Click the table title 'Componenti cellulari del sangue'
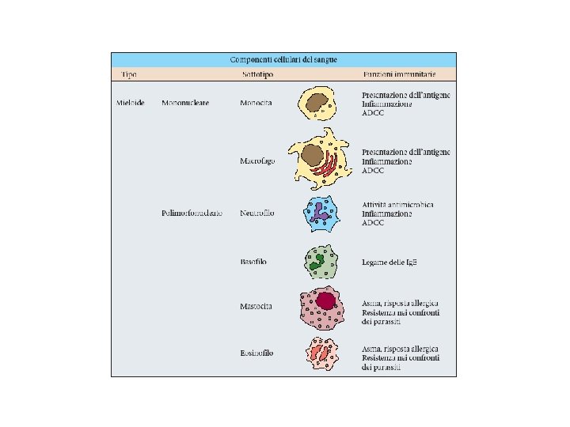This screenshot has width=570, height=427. pyautogui.click(x=283, y=59)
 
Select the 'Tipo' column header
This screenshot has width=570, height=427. pyautogui.click(x=128, y=74)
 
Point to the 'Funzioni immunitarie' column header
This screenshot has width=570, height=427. pyautogui.click(x=399, y=74)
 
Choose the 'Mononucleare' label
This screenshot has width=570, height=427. pyautogui.click(x=185, y=104)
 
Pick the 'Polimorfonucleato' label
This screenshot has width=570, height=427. pyautogui.click(x=191, y=213)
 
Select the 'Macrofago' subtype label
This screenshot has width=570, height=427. pyautogui.click(x=257, y=161)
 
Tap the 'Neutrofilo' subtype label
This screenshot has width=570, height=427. pyautogui.click(x=257, y=213)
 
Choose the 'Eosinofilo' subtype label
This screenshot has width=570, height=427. pyautogui.click(x=256, y=353)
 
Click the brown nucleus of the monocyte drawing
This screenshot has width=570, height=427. pyautogui.click(x=319, y=103)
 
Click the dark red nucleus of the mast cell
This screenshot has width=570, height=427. pyautogui.click(x=327, y=300)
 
